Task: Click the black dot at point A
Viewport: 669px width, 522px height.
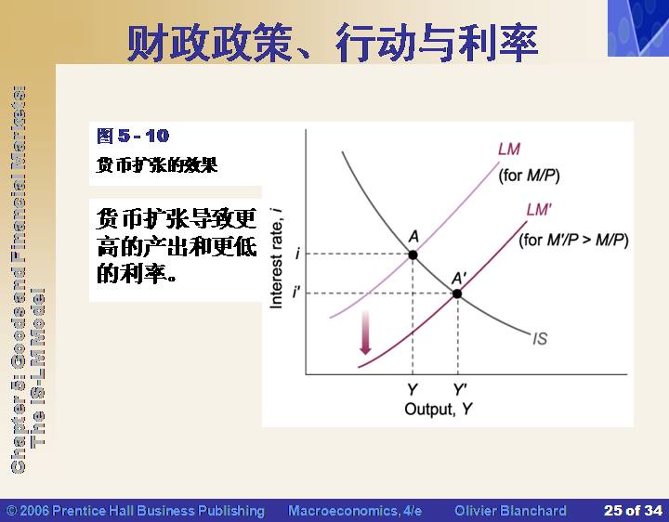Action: pyautogui.click(x=413, y=255)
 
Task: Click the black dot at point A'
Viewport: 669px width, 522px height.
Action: pyautogui.click(x=457, y=294)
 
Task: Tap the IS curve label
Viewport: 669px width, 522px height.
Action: pyautogui.click(x=540, y=339)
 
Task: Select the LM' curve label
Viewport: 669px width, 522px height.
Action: pyautogui.click(x=539, y=210)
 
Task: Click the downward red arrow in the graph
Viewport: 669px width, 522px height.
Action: pyautogui.click(x=365, y=333)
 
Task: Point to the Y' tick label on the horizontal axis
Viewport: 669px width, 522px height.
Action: pyautogui.click(x=460, y=389)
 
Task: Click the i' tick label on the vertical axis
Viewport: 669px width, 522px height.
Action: pyautogui.click(x=296, y=293)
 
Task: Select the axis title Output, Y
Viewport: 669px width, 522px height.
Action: pyautogui.click(x=439, y=409)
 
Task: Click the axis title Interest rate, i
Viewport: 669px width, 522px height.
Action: pyautogui.click(x=277, y=258)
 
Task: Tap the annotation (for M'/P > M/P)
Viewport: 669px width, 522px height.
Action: pyautogui.click(x=573, y=241)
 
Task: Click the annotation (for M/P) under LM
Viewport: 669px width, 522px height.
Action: pyautogui.click(x=529, y=176)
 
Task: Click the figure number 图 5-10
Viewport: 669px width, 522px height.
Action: pyautogui.click(x=133, y=136)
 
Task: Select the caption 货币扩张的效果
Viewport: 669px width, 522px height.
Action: pyautogui.click(x=157, y=164)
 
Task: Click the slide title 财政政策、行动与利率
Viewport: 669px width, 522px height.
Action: pyautogui.click(x=333, y=43)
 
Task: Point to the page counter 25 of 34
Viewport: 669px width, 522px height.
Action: pyautogui.click(x=633, y=511)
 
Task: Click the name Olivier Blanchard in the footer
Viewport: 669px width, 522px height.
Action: pyautogui.click(x=510, y=511)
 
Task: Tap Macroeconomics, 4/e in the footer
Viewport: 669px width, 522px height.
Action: pyautogui.click(x=355, y=511)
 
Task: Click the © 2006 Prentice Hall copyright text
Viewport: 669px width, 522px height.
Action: pyautogui.click(x=136, y=511)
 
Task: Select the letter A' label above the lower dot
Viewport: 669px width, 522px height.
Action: pyautogui.click(x=459, y=279)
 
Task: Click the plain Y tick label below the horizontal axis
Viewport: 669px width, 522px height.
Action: pyautogui.click(x=413, y=389)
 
